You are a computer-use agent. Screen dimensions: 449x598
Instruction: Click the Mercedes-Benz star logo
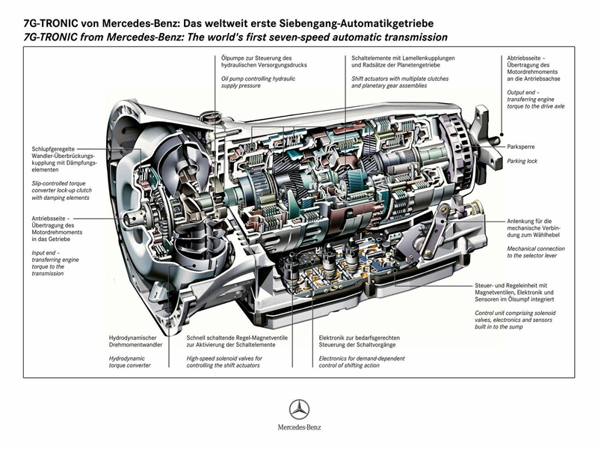(x=300, y=409)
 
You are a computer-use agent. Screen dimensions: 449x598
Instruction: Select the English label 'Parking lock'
(x=522, y=160)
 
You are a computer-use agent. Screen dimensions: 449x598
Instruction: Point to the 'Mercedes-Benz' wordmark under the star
(x=299, y=430)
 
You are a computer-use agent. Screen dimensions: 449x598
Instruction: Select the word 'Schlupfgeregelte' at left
(x=56, y=148)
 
